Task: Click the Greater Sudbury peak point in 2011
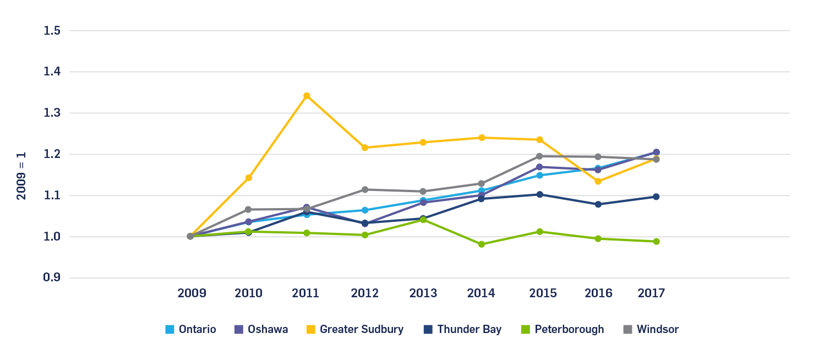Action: click(x=307, y=96)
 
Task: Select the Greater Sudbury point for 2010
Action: click(x=249, y=178)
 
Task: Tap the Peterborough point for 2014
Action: click(x=482, y=244)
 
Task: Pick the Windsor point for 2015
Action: click(x=539, y=156)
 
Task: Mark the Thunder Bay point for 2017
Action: click(x=656, y=197)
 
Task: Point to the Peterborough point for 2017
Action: click(x=656, y=242)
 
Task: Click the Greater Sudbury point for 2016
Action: click(x=598, y=181)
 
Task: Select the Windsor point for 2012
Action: click(x=365, y=189)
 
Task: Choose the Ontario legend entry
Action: click(x=191, y=330)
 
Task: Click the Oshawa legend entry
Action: click(x=261, y=330)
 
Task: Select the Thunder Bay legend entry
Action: click(x=462, y=330)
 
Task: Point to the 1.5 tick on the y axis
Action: click(x=52, y=30)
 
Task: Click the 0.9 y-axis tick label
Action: click(x=52, y=277)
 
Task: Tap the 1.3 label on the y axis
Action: click(x=52, y=113)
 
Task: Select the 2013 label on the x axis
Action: click(x=423, y=293)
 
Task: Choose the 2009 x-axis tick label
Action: click(x=191, y=293)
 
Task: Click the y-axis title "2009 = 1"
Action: click(x=21, y=174)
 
